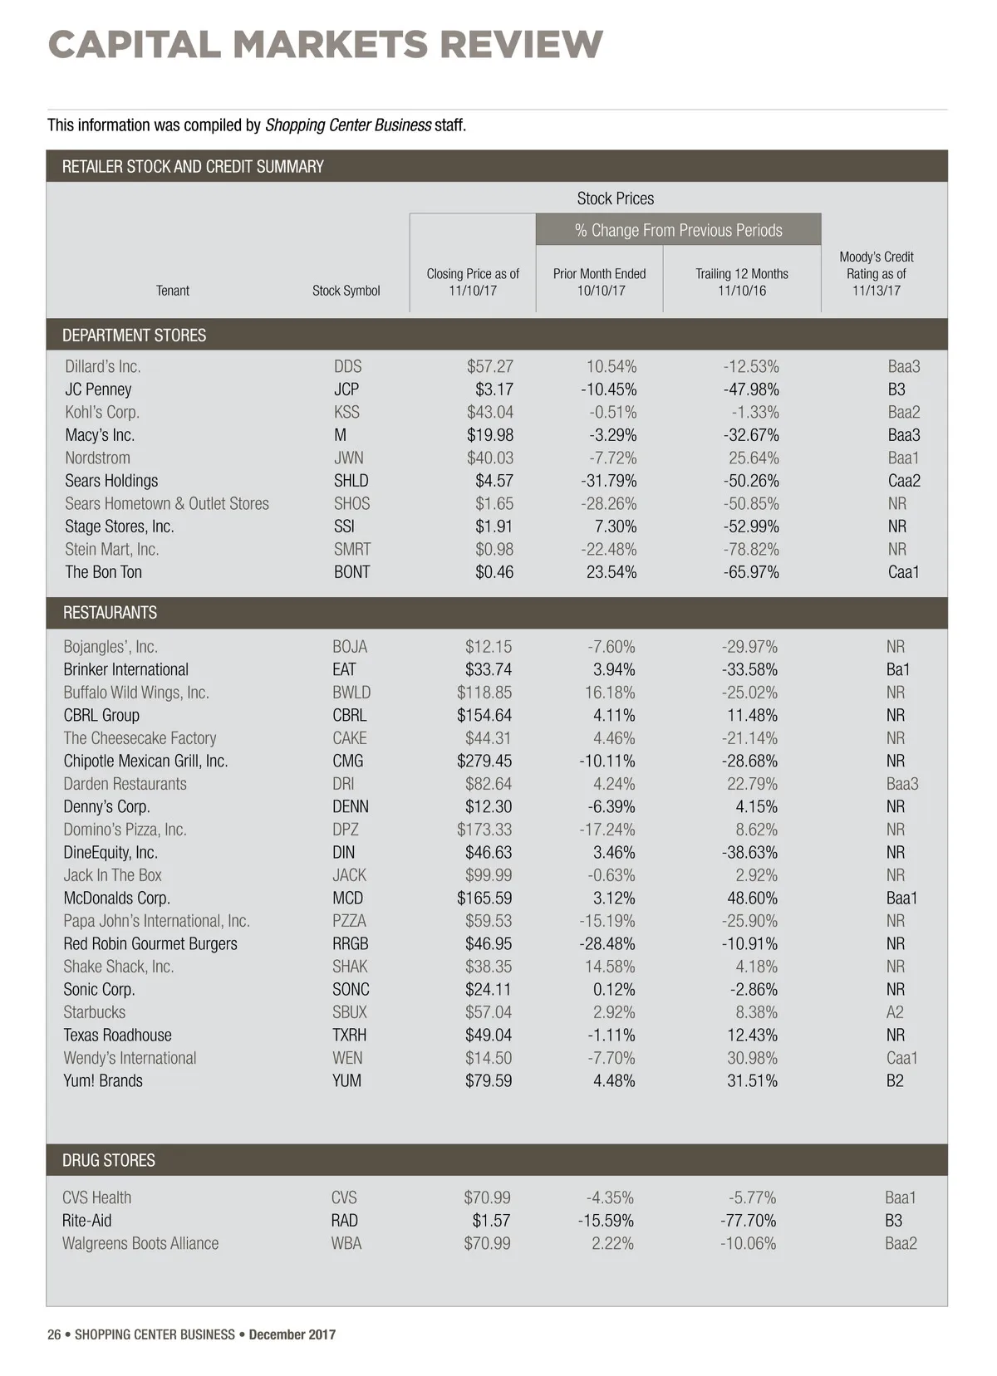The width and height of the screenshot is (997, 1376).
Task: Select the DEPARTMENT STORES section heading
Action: (134, 335)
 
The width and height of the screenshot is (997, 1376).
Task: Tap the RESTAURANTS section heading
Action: (110, 613)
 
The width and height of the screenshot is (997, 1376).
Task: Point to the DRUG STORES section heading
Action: (108, 1160)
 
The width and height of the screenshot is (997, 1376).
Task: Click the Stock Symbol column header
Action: (346, 291)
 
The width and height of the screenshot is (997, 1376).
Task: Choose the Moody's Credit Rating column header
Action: (876, 273)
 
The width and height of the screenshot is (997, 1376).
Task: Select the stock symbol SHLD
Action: (351, 481)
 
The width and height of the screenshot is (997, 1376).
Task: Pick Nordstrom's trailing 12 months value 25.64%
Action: (754, 458)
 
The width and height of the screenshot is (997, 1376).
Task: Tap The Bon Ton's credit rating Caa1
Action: (903, 572)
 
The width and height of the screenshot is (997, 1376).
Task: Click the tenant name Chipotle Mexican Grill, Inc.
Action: (145, 761)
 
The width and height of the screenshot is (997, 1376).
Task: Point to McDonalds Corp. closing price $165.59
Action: (484, 898)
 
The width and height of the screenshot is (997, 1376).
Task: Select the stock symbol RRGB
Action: (350, 943)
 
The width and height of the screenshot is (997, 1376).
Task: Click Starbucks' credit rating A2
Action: (895, 1012)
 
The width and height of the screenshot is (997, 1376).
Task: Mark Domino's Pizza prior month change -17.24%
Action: (607, 830)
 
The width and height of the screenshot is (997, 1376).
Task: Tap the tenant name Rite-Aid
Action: (86, 1221)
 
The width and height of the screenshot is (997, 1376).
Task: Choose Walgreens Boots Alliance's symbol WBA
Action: (346, 1243)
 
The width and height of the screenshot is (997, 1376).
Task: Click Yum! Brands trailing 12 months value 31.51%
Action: (752, 1080)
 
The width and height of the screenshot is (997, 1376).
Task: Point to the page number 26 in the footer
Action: (54, 1334)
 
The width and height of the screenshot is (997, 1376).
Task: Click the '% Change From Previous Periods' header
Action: (678, 230)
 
